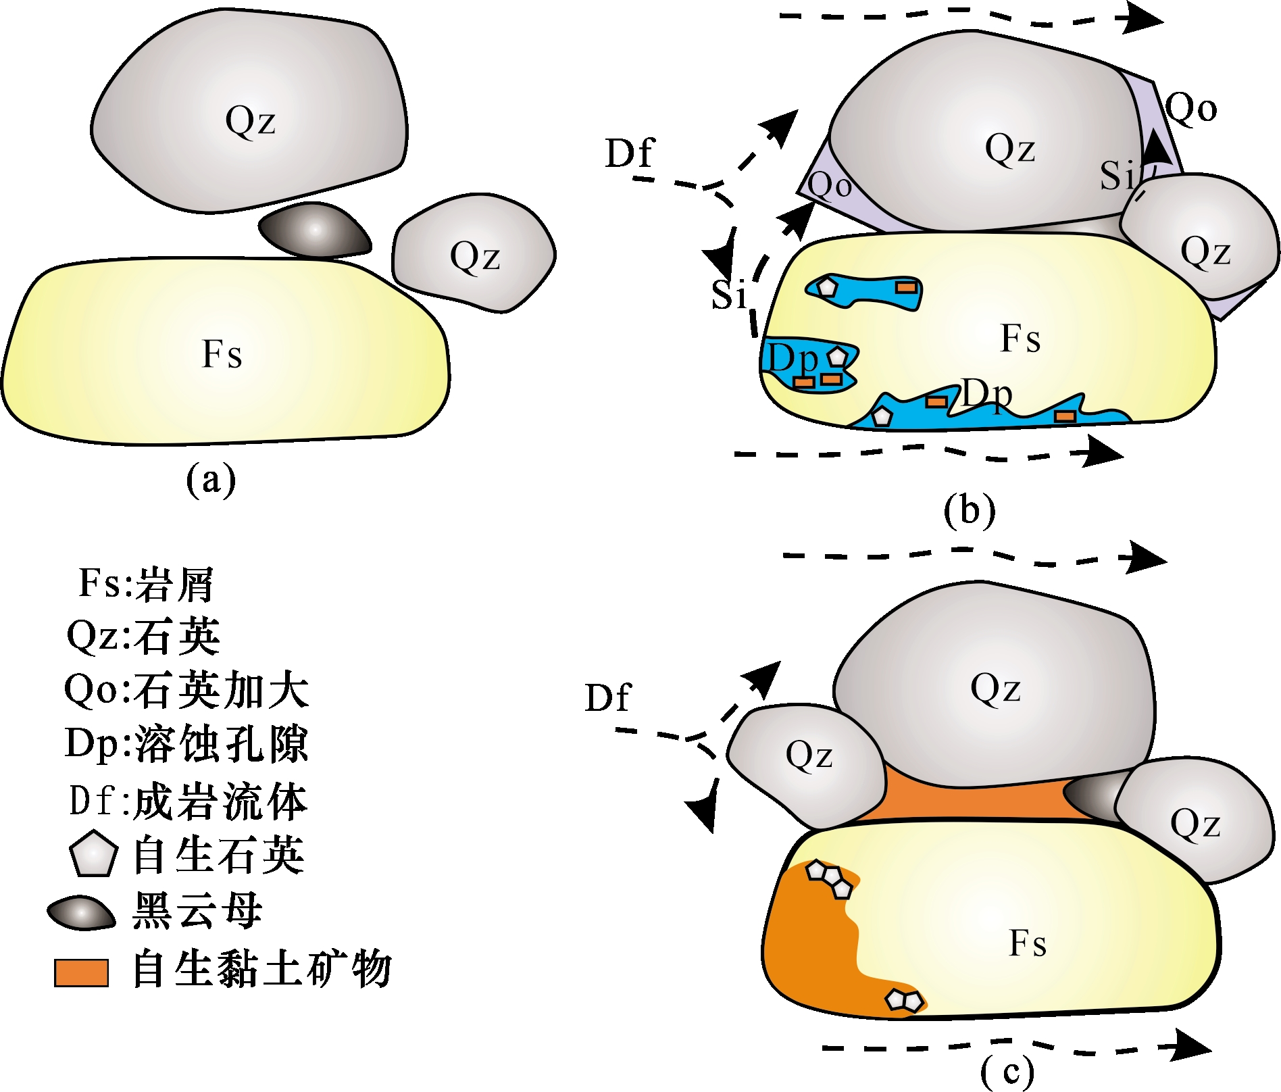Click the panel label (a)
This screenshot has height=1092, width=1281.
[x=211, y=480]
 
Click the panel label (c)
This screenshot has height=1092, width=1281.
[x=1007, y=1071]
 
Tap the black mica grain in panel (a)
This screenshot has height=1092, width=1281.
[x=315, y=231]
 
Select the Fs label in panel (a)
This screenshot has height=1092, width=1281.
[x=222, y=353]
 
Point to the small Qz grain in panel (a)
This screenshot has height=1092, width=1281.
[x=474, y=255]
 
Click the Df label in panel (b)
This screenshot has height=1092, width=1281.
[x=630, y=153]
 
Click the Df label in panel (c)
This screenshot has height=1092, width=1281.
[x=607, y=698]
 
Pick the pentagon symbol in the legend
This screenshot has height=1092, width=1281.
[x=94, y=854]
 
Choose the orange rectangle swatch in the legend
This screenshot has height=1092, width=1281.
[x=82, y=972]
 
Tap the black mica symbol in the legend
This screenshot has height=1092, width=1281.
[x=81, y=913]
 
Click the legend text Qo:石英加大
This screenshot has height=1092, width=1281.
[x=186, y=691]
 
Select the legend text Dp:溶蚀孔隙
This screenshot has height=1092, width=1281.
[x=186, y=744]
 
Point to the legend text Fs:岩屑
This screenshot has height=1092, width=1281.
[x=146, y=583]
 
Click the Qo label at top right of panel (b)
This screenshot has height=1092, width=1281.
[x=1191, y=108]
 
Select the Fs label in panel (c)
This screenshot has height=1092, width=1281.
[x=1028, y=943]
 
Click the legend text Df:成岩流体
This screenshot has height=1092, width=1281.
[x=188, y=801]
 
